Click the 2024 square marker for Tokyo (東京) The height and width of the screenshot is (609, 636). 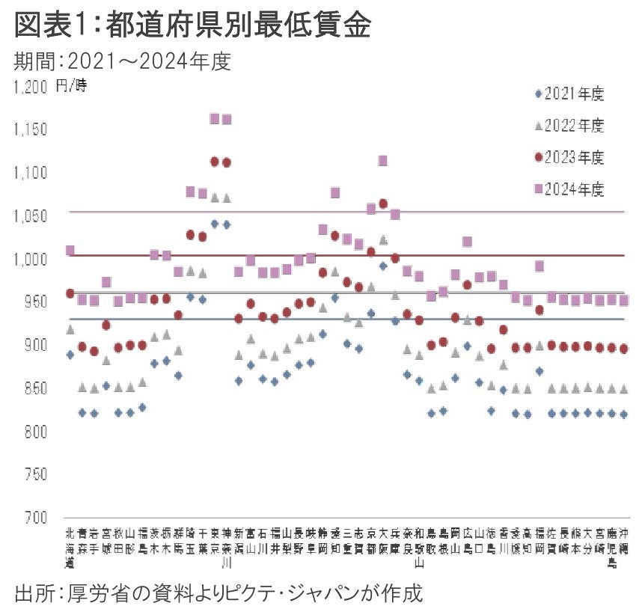click(215, 118)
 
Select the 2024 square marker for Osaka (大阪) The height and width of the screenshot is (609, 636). click(383, 161)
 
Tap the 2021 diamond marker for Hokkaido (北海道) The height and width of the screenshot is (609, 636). click(70, 355)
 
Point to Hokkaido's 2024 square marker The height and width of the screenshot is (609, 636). click(70, 251)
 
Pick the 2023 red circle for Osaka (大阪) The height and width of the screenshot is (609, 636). click(383, 203)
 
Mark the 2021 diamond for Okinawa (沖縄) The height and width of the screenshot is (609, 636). click(623, 414)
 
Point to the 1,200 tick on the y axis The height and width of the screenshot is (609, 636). click(30, 87)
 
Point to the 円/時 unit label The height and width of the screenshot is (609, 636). click(71, 86)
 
